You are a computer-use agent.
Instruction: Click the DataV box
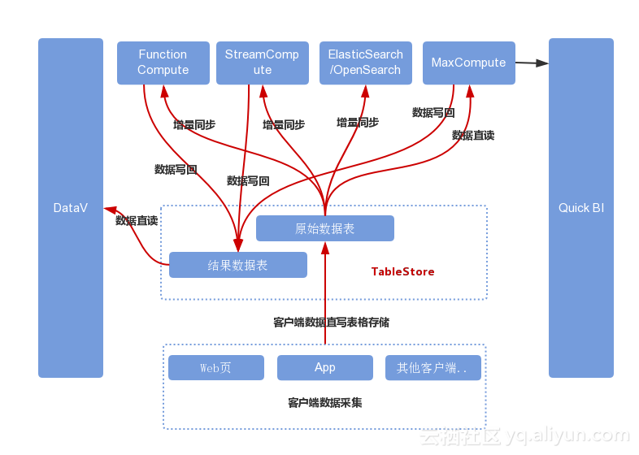71,208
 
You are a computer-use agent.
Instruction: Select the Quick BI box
580,208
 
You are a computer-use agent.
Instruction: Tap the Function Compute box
163,63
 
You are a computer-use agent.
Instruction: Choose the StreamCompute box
262,63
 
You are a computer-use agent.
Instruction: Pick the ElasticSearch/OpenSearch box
365,63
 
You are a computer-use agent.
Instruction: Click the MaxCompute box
468,63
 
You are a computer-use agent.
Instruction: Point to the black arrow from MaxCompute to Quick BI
532,63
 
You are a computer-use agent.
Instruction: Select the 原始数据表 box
324,228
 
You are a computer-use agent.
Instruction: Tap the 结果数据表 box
237,265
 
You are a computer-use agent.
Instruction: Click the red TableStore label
402,271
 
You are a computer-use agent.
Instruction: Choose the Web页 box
215,367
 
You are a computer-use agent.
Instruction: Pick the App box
324,367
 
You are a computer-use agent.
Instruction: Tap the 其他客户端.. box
433,367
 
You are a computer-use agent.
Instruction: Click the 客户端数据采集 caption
324,403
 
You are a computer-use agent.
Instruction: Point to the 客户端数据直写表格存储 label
331,323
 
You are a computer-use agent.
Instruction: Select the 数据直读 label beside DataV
136,220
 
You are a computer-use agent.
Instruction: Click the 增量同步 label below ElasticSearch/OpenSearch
358,123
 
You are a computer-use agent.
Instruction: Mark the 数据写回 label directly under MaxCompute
433,113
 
